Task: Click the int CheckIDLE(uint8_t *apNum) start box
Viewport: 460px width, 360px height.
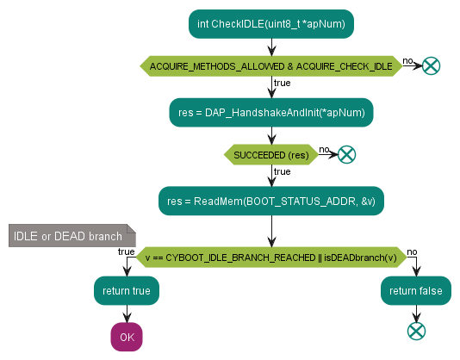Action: click(x=271, y=24)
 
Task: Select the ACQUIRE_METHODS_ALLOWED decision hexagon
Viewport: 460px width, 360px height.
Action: click(x=271, y=66)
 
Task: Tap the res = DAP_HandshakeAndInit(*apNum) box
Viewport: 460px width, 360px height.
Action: click(x=271, y=113)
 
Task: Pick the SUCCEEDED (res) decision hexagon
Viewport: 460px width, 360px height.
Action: click(x=271, y=155)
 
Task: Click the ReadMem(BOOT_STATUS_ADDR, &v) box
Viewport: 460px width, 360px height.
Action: click(x=271, y=201)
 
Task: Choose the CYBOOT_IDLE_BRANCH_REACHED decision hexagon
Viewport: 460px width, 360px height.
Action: click(x=271, y=258)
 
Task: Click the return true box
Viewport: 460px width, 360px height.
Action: click(x=127, y=290)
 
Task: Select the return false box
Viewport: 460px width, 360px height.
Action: click(x=416, y=290)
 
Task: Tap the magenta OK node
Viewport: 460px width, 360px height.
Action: click(x=127, y=337)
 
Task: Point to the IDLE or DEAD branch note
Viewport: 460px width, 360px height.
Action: click(x=72, y=236)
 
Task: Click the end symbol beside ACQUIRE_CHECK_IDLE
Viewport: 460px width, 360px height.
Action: click(x=431, y=65)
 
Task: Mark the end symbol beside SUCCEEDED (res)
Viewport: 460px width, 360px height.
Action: click(x=347, y=154)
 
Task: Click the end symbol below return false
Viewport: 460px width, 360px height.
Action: click(x=416, y=331)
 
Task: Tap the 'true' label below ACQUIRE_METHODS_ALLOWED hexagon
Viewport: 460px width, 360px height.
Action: click(x=283, y=83)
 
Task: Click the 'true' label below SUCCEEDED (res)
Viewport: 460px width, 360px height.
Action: click(x=283, y=171)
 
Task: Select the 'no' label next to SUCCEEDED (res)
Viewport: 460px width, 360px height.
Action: click(x=324, y=149)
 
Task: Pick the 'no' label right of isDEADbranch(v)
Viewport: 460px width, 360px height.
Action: click(x=412, y=251)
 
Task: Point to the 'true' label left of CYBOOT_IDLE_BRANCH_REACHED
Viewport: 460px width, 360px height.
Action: click(x=126, y=251)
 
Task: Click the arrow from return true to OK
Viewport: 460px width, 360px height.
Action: click(x=127, y=313)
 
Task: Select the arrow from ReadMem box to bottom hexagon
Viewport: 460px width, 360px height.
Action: click(x=271, y=231)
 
